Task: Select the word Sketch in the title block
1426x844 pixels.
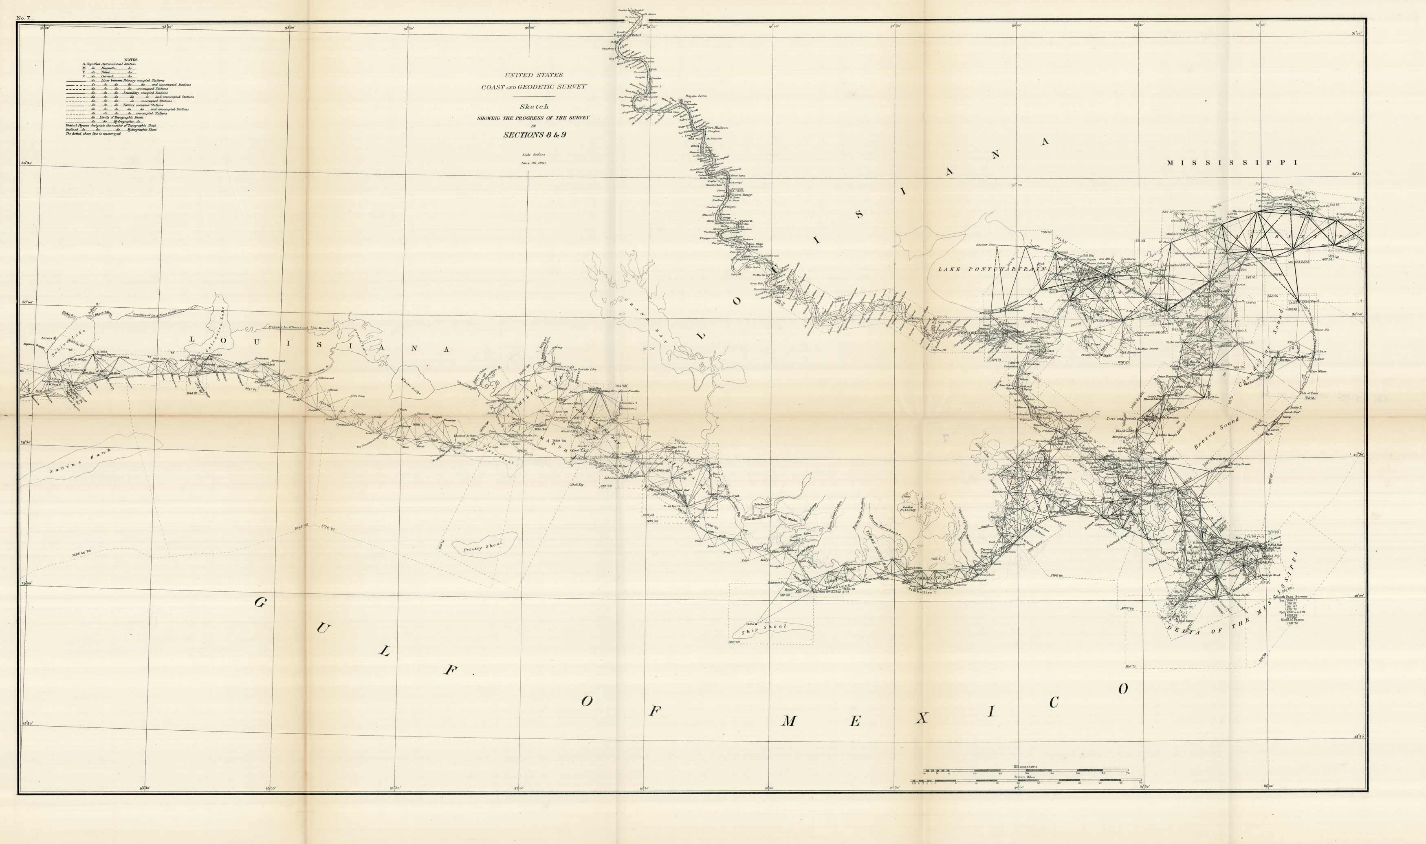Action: [x=534, y=107]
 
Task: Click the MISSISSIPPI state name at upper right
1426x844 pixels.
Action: [x=1232, y=163]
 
